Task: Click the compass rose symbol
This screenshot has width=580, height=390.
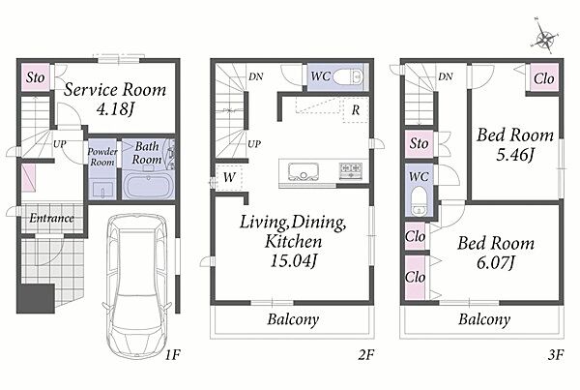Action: pos(545,38)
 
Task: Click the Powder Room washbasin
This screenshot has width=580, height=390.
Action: pos(101,190)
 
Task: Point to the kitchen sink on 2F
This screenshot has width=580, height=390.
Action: pos(304,172)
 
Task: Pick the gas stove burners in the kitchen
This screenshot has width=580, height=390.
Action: pos(351,170)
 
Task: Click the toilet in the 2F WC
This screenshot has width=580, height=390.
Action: pos(348,77)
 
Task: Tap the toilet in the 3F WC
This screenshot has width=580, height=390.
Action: pos(420,200)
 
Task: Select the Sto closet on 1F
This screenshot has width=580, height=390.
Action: pos(35,77)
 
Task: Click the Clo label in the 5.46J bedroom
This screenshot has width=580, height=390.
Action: pos(543,78)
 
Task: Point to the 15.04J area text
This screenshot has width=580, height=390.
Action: pos(293,260)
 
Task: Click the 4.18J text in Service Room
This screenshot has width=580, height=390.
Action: pos(115,108)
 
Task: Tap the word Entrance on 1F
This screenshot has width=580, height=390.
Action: pos(51,218)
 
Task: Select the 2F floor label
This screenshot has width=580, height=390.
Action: pos(365,355)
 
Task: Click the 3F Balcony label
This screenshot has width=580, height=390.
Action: pos(484,319)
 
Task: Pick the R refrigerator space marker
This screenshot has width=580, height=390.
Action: pos(356,110)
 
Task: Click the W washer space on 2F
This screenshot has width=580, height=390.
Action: pos(229,177)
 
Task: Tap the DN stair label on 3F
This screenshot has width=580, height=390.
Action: pos(446,76)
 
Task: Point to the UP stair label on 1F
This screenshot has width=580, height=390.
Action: pos(60,143)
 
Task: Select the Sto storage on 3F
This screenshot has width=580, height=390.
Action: pos(420,143)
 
